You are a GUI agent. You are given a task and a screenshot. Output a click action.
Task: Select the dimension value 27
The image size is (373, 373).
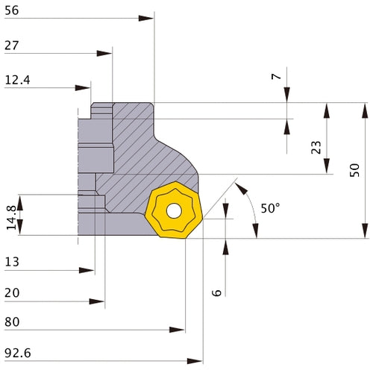click(11, 46)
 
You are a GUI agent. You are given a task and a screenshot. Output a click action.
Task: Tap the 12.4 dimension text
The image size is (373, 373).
click(16, 80)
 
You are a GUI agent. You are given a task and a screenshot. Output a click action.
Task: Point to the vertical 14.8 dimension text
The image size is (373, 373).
click(10, 216)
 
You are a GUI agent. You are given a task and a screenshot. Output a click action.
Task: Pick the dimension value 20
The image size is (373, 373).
click(12, 293)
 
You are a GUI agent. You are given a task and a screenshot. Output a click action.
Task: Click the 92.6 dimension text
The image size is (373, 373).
click(16, 353)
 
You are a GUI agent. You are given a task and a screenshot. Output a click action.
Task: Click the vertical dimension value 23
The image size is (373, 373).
click(316, 148)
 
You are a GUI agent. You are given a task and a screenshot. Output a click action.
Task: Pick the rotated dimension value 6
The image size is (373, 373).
click(216, 293)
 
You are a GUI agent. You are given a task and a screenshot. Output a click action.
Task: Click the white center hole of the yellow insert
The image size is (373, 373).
click(173, 211)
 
